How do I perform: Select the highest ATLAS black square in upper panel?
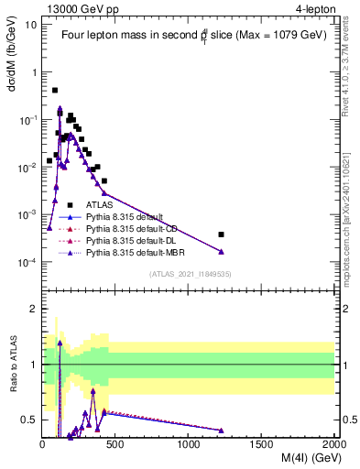(x=55, y=91)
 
